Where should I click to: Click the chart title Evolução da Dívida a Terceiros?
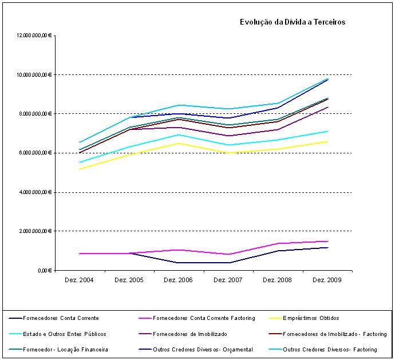tap(292, 22)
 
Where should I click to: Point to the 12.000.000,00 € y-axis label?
tap(35, 35)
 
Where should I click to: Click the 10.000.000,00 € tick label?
tap(35, 74)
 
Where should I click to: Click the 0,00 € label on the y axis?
tap(45, 270)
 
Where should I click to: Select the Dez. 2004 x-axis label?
tap(80, 280)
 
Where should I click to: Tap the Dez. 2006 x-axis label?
tap(178, 280)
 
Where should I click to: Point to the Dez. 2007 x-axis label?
tap(228, 280)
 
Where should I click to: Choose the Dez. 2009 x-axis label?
tap(327, 280)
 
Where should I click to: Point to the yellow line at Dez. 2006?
tap(179, 143)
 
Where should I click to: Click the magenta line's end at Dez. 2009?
tap(327, 241)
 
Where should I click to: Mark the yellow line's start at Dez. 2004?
tap(80, 169)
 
